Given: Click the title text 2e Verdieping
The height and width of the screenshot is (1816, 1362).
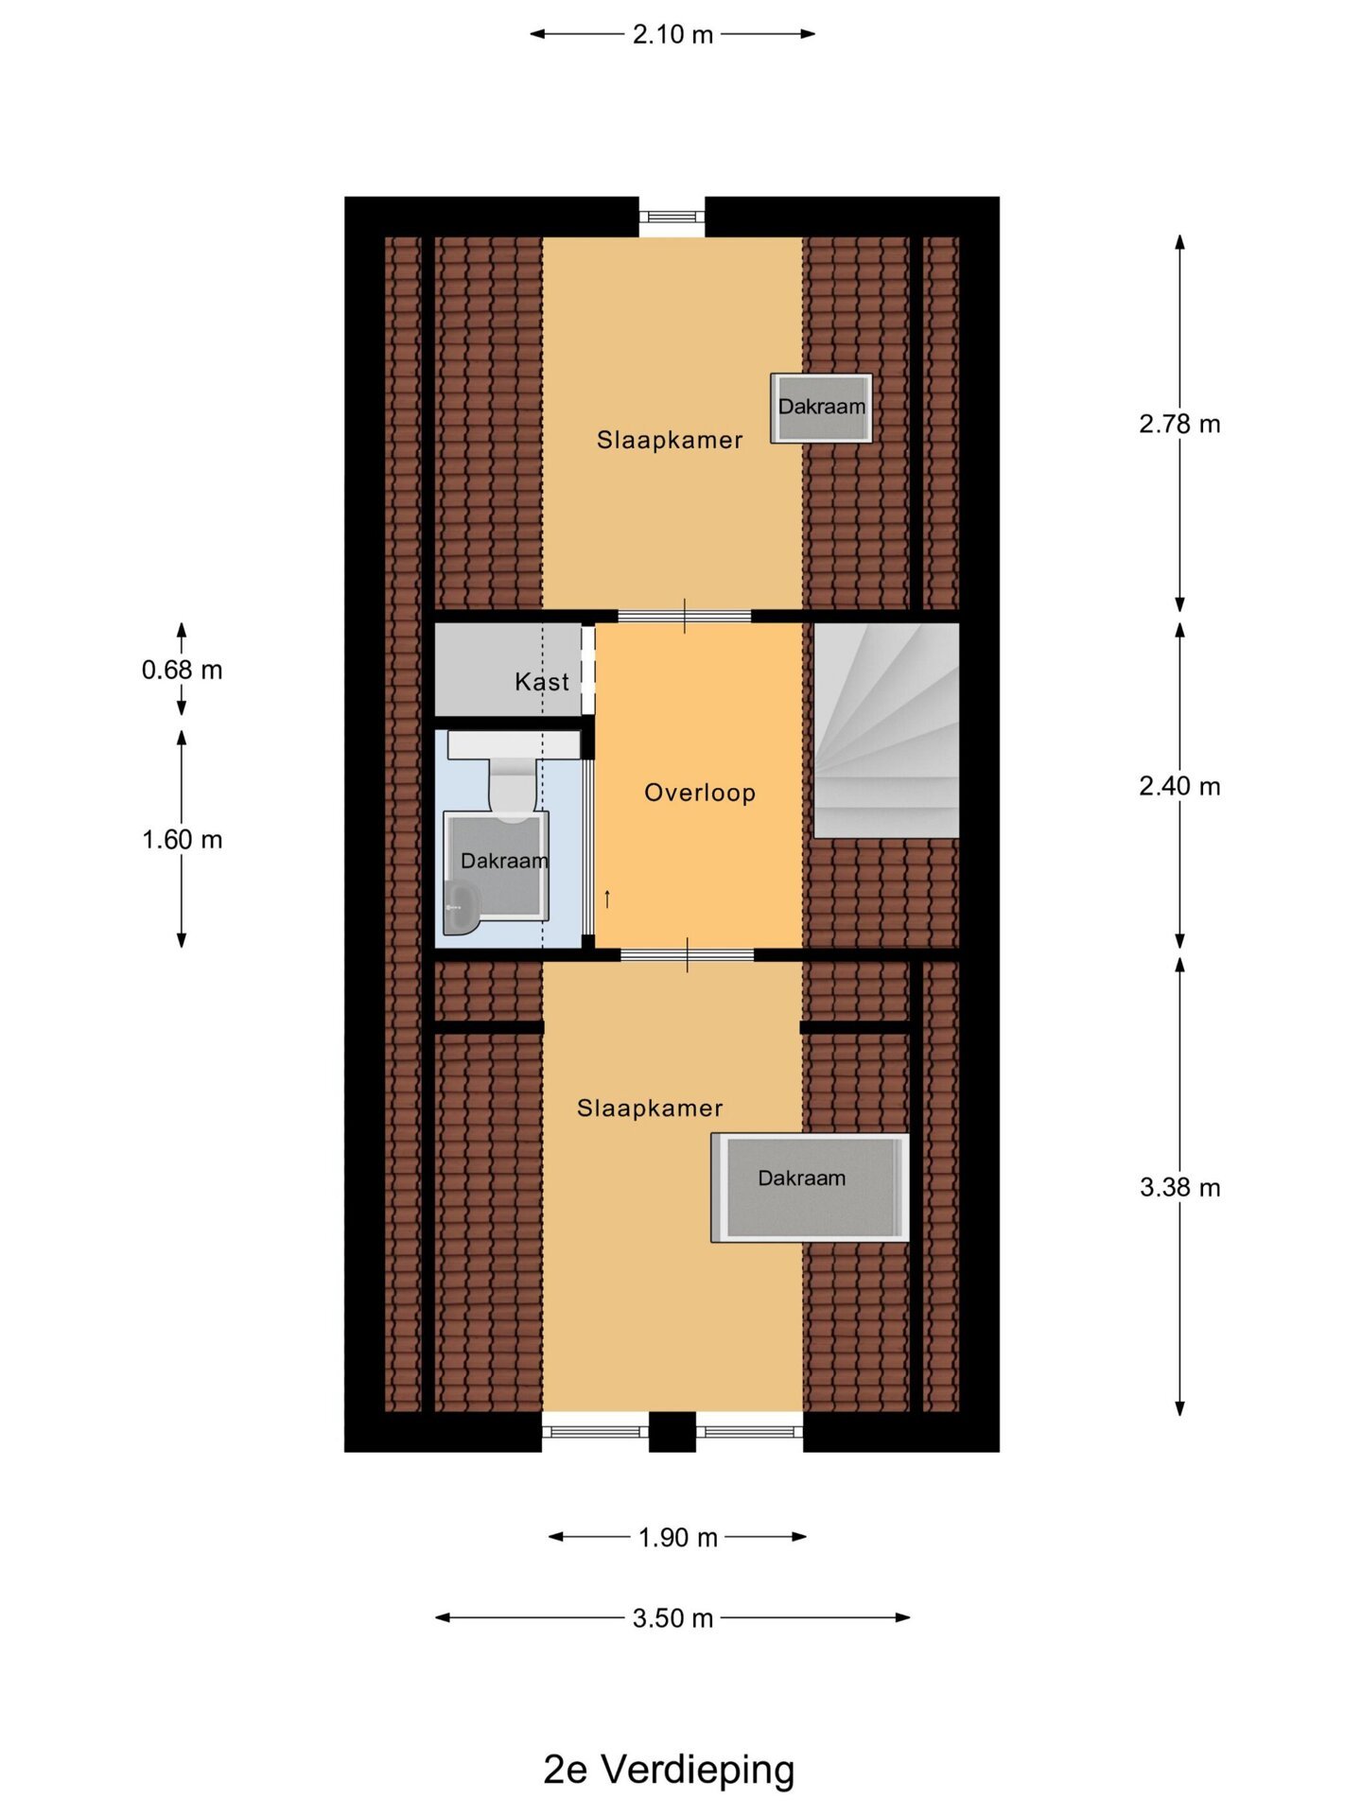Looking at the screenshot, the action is [x=669, y=1771].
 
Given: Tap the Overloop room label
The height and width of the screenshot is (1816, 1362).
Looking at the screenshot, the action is [x=700, y=793].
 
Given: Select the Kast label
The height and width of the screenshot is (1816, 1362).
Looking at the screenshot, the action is [x=542, y=682].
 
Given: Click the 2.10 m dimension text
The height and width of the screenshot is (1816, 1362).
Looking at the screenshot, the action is [x=672, y=35].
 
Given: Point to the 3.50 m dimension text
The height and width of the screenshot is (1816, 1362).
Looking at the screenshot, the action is [x=672, y=1618].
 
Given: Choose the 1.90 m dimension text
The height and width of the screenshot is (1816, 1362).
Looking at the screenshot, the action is [x=677, y=1538].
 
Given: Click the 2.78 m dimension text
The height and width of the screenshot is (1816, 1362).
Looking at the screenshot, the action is [x=1179, y=424].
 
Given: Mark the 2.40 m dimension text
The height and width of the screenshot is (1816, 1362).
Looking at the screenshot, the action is [x=1179, y=786].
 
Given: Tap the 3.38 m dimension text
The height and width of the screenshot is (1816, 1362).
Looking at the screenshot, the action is [x=1179, y=1187].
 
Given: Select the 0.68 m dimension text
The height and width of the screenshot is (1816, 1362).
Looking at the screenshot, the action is [x=182, y=670].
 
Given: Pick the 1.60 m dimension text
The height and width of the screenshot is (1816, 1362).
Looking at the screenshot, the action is [x=182, y=839].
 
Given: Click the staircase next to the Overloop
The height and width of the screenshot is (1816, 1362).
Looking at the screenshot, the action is [x=886, y=730].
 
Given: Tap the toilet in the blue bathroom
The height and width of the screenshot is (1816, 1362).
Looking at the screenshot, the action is [x=513, y=776].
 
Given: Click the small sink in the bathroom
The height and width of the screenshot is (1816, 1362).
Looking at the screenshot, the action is [x=461, y=909].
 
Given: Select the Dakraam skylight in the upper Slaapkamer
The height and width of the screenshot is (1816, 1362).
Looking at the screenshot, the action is [x=821, y=408].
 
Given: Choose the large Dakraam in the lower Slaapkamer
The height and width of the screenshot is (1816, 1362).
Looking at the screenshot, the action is [x=810, y=1187].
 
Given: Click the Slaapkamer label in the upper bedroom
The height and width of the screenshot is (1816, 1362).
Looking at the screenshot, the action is [x=670, y=440].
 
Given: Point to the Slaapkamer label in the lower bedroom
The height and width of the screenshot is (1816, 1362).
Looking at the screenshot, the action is [x=650, y=1109].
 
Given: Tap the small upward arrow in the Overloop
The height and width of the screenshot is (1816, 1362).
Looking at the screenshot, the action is [x=607, y=899].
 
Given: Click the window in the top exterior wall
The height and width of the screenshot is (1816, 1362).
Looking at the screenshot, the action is [x=672, y=217].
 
